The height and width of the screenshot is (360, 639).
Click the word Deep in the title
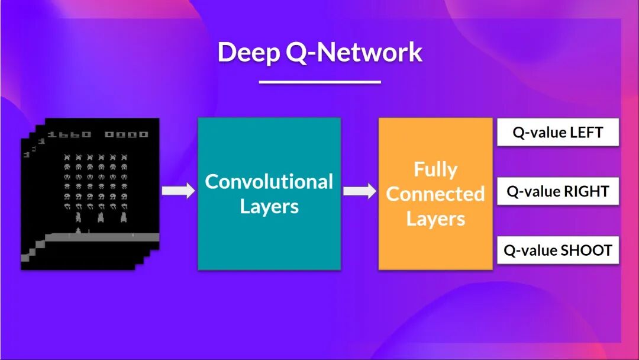(248, 53)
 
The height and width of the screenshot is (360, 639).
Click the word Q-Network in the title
(353, 53)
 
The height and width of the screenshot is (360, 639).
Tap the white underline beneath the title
(319, 82)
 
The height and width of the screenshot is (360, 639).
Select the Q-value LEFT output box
(557, 132)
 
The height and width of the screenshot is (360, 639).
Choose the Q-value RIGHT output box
(557, 191)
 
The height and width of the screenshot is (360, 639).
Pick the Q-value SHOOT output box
(557, 250)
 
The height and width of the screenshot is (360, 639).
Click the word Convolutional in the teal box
(269, 181)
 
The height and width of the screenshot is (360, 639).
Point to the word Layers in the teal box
(269, 207)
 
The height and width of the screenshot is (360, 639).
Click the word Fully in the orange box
(435, 169)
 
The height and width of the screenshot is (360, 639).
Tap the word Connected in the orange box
(435, 194)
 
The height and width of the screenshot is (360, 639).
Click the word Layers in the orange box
(435, 219)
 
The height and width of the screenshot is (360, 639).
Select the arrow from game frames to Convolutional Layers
(178, 191)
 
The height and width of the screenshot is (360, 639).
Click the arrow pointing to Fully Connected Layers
(360, 191)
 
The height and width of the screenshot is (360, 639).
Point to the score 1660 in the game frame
(69, 134)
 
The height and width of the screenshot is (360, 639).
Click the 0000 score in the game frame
(126, 134)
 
